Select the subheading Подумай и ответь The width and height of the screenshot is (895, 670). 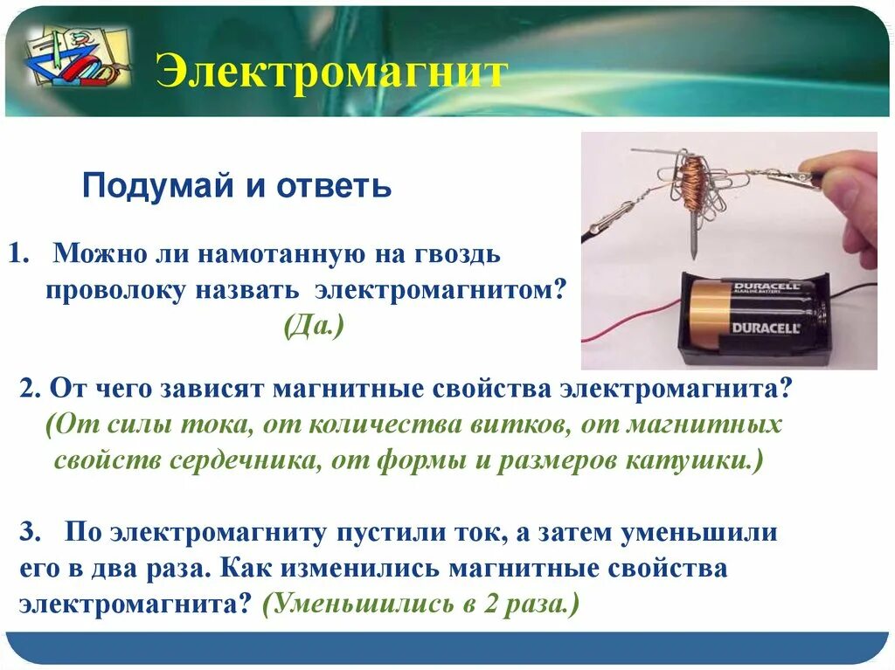236,186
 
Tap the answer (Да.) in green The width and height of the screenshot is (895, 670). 314,327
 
